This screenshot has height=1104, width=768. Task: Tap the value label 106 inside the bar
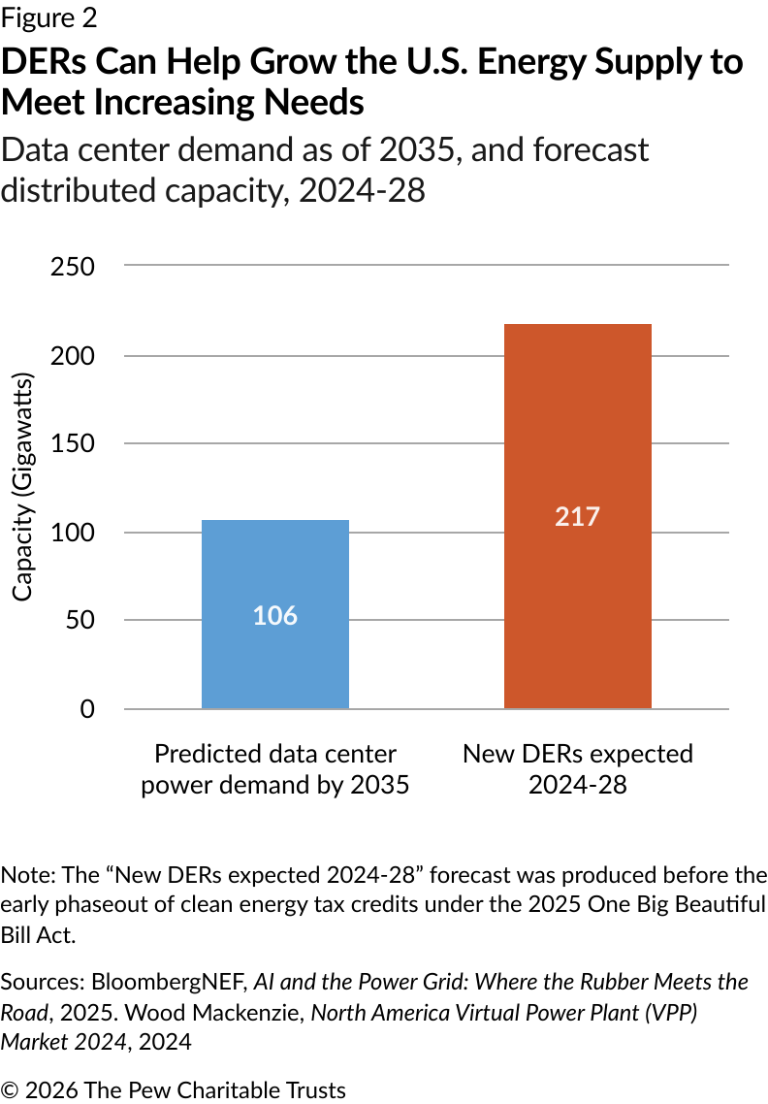pos(274,616)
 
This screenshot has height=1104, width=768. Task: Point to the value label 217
pos(577,516)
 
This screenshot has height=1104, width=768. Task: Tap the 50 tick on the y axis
pos(79,620)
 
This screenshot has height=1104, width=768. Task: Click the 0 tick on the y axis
pos(87,709)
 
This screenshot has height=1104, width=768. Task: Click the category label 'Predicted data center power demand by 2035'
pos(274,769)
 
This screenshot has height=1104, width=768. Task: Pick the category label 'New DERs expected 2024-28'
pos(577,769)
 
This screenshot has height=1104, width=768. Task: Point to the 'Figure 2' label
pos(48,17)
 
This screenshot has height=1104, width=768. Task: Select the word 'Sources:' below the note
pos(45,982)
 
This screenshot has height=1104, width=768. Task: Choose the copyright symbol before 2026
pos(11,1090)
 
